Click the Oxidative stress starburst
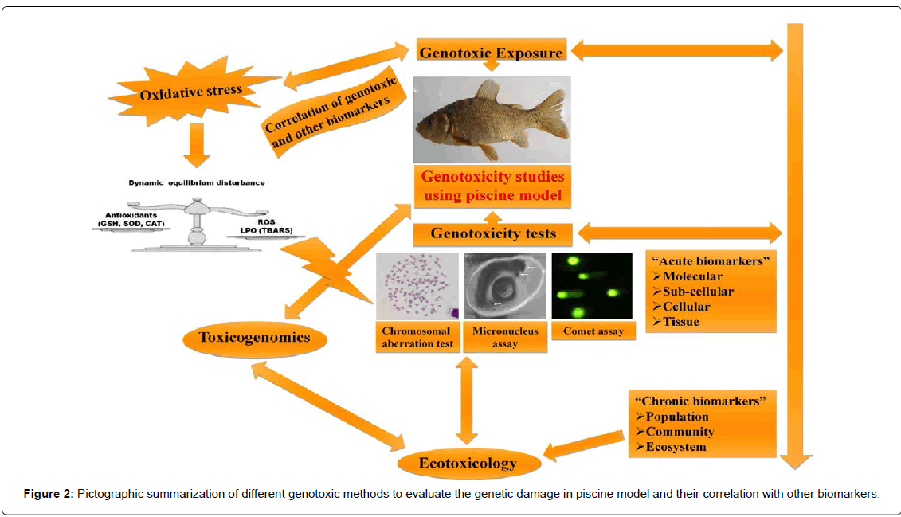tap(190, 92)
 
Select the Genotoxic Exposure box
tap(491, 53)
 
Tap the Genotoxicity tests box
tap(492, 233)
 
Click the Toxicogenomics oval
tap(255, 338)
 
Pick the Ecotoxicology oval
tap(468, 463)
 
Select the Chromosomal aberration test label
tap(416, 337)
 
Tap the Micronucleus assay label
tap(505, 337)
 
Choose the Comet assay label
tap(593, 331)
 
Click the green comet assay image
tap(592, 286)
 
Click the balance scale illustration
tap(194, 227)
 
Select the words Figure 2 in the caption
tap(47, 494)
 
